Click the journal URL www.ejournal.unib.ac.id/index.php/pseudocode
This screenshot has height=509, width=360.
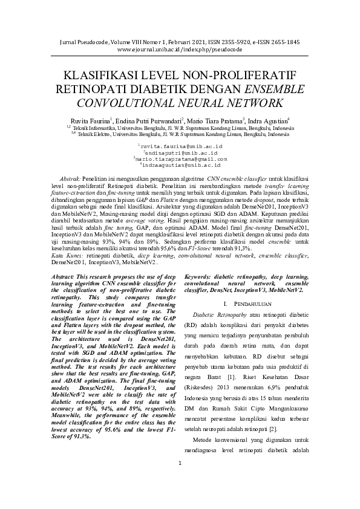coord(180,50)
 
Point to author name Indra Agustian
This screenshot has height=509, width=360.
coord(269,120)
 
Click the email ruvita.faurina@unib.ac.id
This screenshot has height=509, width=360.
coord(180,147)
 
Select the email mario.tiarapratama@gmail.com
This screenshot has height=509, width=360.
coord(180,158)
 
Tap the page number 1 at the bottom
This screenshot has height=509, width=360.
coord(180,498)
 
